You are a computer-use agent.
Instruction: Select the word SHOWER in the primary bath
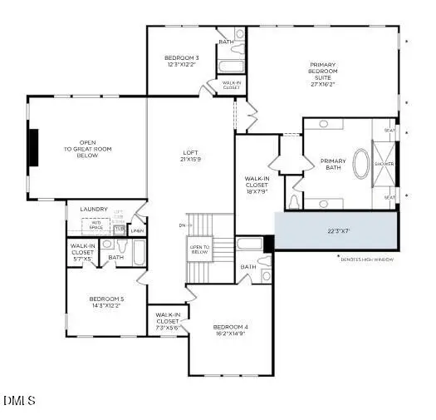[384, 164]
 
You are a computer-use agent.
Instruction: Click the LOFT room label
[192, 156]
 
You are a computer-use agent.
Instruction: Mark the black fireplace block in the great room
[33, 149]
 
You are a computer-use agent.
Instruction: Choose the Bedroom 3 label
[182, 62]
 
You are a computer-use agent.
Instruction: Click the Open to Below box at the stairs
[200, 248]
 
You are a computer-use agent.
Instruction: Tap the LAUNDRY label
[93, 210]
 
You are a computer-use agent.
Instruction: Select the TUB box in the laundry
[119, 228]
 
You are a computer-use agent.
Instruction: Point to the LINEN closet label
[137, 230]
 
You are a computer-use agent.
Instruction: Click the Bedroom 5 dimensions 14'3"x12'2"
[105, 305]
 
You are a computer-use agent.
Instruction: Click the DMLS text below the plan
[19, 401]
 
